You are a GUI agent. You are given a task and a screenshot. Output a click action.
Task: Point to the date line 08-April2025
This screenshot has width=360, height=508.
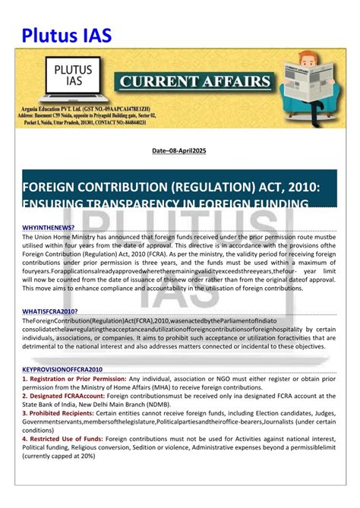coord(179,152)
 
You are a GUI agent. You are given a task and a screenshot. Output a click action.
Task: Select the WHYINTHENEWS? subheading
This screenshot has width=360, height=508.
coord(49,227)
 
